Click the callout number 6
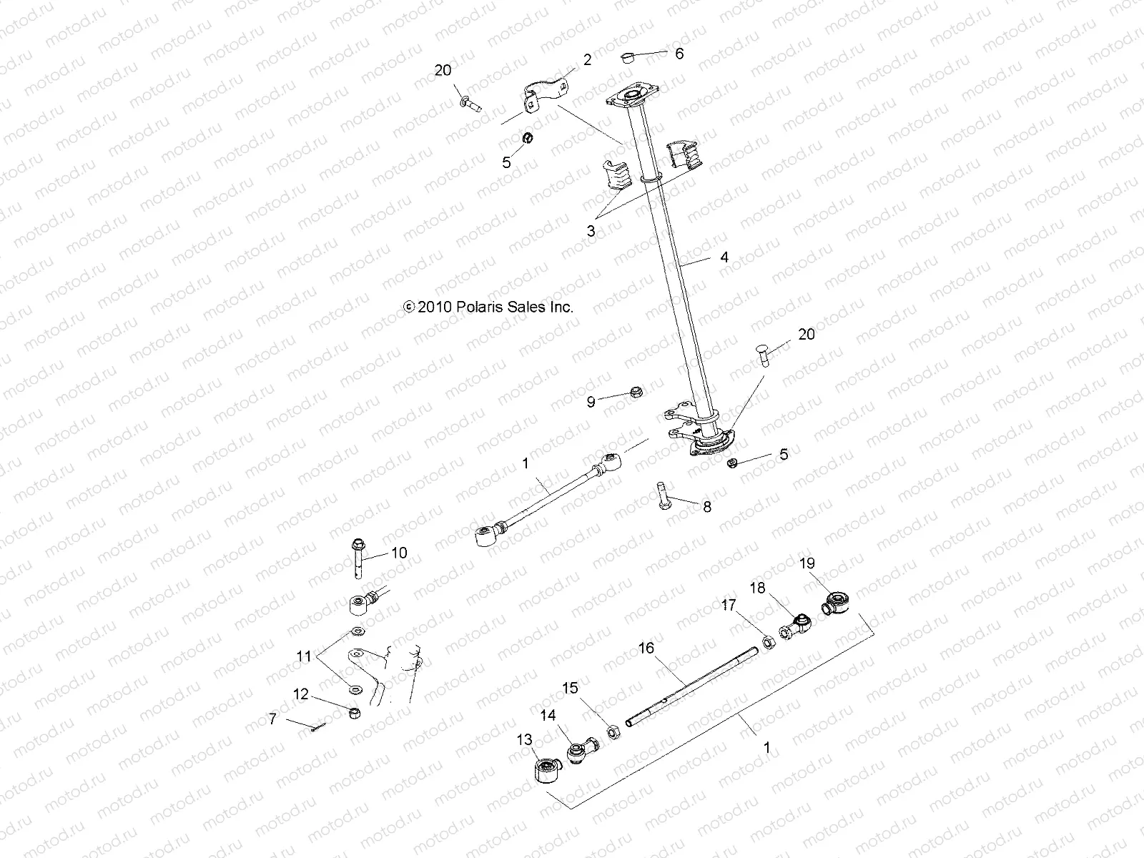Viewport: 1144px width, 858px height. pyautogui.click(x=679, y=54)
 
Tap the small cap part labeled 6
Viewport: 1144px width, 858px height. pyautogui.click(x=629, y=57)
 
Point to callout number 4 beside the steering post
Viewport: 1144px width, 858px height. pyautogui.click(x=724, y=257)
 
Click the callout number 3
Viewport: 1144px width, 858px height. pyautogui.click(x=591, y=231)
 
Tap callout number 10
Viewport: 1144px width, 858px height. pyautogui.click(x=398, y=553)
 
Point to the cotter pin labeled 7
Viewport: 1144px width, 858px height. pyautogui.click(x=318, y=727)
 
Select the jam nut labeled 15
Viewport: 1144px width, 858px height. pyautogui.click(x=613, y=731)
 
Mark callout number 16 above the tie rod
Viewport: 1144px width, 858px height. pyautogui.click(x=646, y=649)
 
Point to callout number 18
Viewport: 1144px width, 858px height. pyautogui.click(x=757, y=588)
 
